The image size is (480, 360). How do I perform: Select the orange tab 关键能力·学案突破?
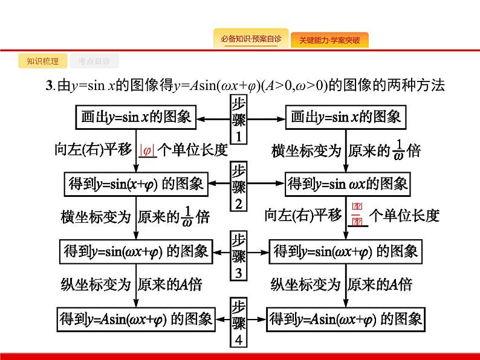pyautogui.click(x=329, y=40)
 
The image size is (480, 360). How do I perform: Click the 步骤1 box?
pyautogui.click(x=239, y=120)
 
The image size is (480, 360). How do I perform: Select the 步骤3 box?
pyautogui.click(x=239, y=256)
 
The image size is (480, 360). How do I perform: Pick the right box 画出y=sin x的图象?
pyautogui.click(x=345, y=117)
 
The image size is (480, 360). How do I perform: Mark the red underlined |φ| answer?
pyautogui.click(x=148, y=150)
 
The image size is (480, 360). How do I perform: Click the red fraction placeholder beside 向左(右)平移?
pyautogui.click(x=357, y=214)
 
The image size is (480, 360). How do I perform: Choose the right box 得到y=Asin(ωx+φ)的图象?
pyautogui.click(x=345, y=318)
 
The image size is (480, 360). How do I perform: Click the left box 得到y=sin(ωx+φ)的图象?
pyautogui.click(x=135, y=251)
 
